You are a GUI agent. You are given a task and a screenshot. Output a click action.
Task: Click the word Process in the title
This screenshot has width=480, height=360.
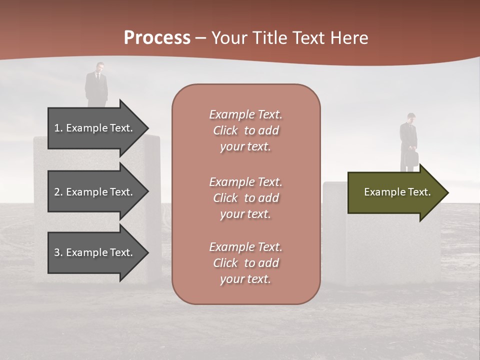coord(157,38)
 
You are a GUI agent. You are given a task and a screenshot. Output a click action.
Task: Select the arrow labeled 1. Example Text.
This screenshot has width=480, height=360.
coord(95,128)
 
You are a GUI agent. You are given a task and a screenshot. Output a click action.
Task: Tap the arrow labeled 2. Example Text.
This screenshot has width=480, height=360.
coord(95,192)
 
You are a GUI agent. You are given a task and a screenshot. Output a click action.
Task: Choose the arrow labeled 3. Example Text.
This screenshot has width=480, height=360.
coord(95,252)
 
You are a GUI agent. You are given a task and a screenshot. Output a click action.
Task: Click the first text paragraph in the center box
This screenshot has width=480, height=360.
coord(245,130)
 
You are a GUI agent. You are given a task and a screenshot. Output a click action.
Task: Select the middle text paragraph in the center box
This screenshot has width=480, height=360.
coord(245,198)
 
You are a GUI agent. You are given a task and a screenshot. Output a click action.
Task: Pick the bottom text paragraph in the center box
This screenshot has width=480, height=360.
coord(245,263)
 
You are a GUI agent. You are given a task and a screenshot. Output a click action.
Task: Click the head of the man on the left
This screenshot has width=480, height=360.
coord(100,66)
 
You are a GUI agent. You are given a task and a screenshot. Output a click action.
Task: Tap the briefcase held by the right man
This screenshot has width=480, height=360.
coord(412,158)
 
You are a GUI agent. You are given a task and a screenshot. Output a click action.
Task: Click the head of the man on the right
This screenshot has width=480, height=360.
coord(410,117)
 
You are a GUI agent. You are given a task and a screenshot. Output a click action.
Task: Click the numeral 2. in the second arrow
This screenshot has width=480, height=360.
coord(58,192)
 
